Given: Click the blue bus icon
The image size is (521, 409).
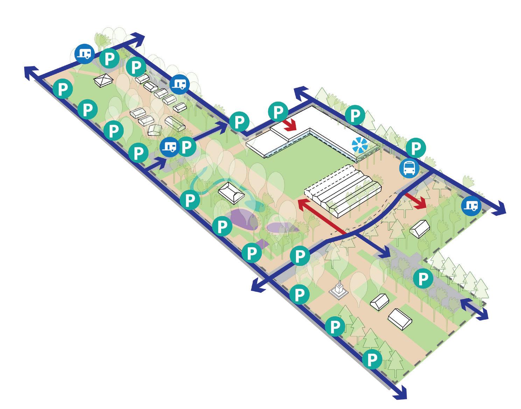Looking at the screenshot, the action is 409,168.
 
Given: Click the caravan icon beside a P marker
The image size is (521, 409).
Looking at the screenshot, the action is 169,147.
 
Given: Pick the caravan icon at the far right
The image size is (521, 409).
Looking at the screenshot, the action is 471,205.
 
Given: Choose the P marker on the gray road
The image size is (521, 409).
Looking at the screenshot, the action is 423,279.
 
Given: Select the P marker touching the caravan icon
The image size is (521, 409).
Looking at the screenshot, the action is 187,147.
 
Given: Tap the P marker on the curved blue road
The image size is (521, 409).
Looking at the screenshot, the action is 300,256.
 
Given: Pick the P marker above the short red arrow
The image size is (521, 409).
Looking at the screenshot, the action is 278,112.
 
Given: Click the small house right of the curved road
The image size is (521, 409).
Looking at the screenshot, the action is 420,229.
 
